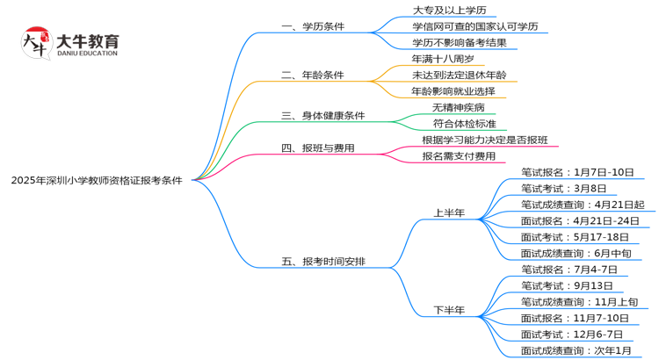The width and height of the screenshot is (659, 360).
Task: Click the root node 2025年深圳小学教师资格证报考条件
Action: coord(97,180)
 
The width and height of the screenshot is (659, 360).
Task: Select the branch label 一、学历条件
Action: coord(313,26)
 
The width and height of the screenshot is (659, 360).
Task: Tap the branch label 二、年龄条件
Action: coord(313,75)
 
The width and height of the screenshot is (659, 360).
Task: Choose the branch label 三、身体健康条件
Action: coord(322,115)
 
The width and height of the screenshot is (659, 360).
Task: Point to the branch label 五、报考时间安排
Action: coord(322,262)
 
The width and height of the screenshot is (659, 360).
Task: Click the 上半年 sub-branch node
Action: coord(449,212)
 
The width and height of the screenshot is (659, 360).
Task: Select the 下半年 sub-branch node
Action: coord(449,310)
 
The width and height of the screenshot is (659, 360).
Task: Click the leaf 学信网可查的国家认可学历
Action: coord(467,26)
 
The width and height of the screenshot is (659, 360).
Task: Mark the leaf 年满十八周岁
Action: coord(442,59)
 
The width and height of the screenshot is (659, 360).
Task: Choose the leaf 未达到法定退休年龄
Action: coord(459,75)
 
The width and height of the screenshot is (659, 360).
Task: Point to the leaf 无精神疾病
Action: coord(458,107)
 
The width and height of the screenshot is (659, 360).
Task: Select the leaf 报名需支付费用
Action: coord(458,156)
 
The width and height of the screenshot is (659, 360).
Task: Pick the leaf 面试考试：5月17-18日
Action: coord(575,237)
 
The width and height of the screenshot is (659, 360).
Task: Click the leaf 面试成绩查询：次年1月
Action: coord(576,350)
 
